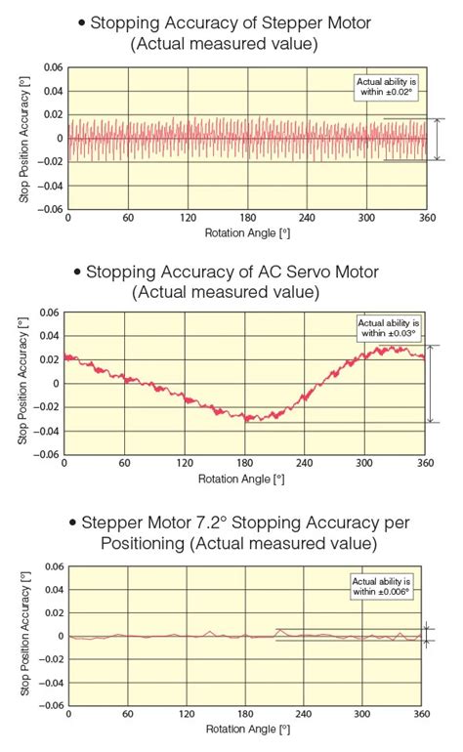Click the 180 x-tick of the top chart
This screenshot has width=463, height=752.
pyautogui.click(x=247, y=218)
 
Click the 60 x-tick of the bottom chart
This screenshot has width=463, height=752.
pyautogui.click(x=127, y=713)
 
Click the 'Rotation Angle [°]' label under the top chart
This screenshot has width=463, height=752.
pyautogui.click(x=247, y=233)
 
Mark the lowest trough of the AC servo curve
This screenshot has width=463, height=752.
pyautogui.click(x=249, y=420)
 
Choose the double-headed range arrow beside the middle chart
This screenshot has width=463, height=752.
pyautogui.click(x=429, y=384)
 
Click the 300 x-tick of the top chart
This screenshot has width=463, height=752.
pyautogui.click(x=366, y=218)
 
